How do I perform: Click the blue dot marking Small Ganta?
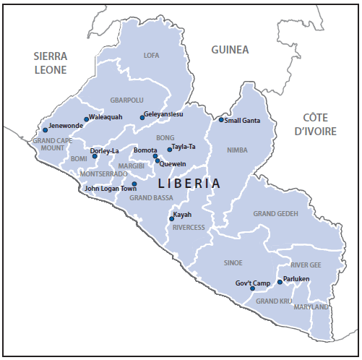pyautogui.click(x=221, y=120)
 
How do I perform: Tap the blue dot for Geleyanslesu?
pyautogui.click(x=142, y=117)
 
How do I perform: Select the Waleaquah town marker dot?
pyautogui.click(x=87, y=119)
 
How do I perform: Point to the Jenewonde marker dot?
pyautogui.click(x=45, y=131)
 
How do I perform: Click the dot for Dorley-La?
pyautogui.click(x=95, y=155)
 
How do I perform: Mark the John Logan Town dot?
pyautogui.click(x=134, y=184)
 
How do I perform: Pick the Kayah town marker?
pyautogui.click(x=171, y=218)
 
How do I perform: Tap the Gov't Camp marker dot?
pyautogui.click(x=252, y=288)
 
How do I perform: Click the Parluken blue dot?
pyautogui.click(x=280, y=282)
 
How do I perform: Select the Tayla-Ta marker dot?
pyautogui.click(x=170, y=150)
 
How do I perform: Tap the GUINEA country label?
pyautogui.click(x=230, y=50)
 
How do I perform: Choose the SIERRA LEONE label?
pyautogui.click(x=50, y=63)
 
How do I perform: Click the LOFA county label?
pyautogui.click(x=151, y=56)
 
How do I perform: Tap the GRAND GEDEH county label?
pyautogui.click(x=275, y=214)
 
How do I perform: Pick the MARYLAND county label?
pyautogui.click(x=311, y=307)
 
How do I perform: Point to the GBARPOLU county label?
pyautogui.click(x=126, y=100)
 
